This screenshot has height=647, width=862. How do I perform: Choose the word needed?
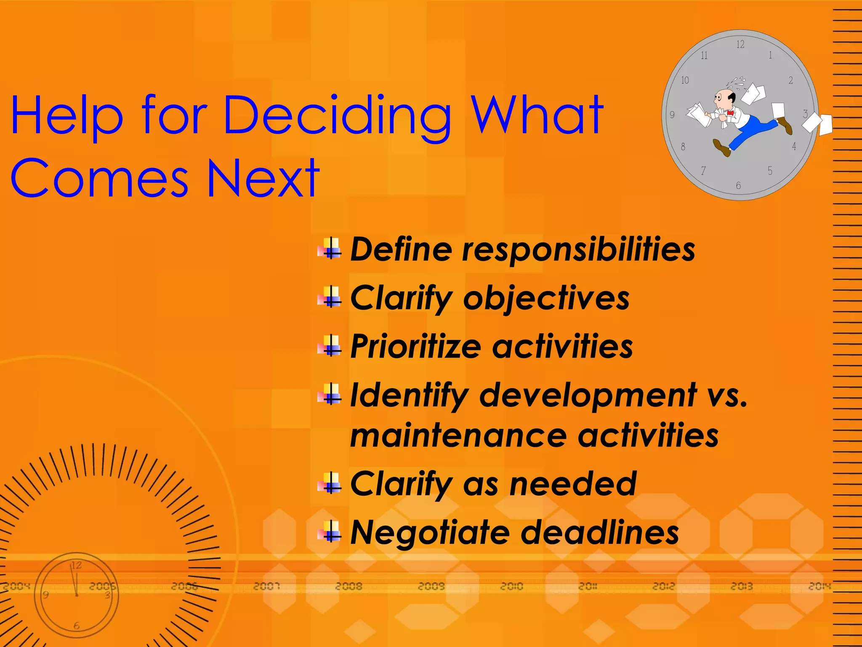573,484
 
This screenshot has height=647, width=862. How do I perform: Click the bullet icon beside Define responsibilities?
330,249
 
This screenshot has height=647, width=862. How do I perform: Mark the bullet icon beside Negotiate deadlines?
330,532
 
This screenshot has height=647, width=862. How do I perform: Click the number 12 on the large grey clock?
740,44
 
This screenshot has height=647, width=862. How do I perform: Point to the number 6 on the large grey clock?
738,185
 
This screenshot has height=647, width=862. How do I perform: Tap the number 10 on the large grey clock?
685,80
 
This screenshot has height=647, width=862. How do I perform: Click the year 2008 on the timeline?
349,586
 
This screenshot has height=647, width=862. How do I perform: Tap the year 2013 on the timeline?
741,586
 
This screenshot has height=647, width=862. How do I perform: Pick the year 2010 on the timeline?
511,586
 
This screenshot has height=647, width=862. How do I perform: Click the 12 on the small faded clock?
76,565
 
